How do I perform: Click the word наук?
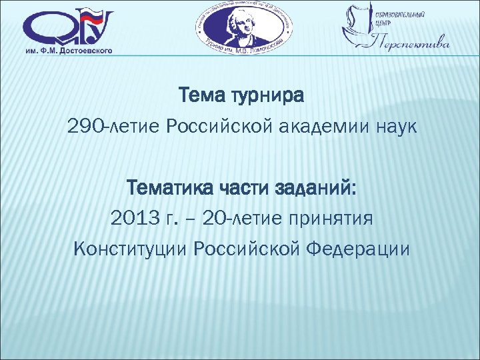click(x=394, y=127)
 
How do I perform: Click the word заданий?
click(x=314, y=188)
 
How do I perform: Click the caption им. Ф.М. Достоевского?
click(x=69, y=49)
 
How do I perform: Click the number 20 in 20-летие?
click(x=216, y=218)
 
